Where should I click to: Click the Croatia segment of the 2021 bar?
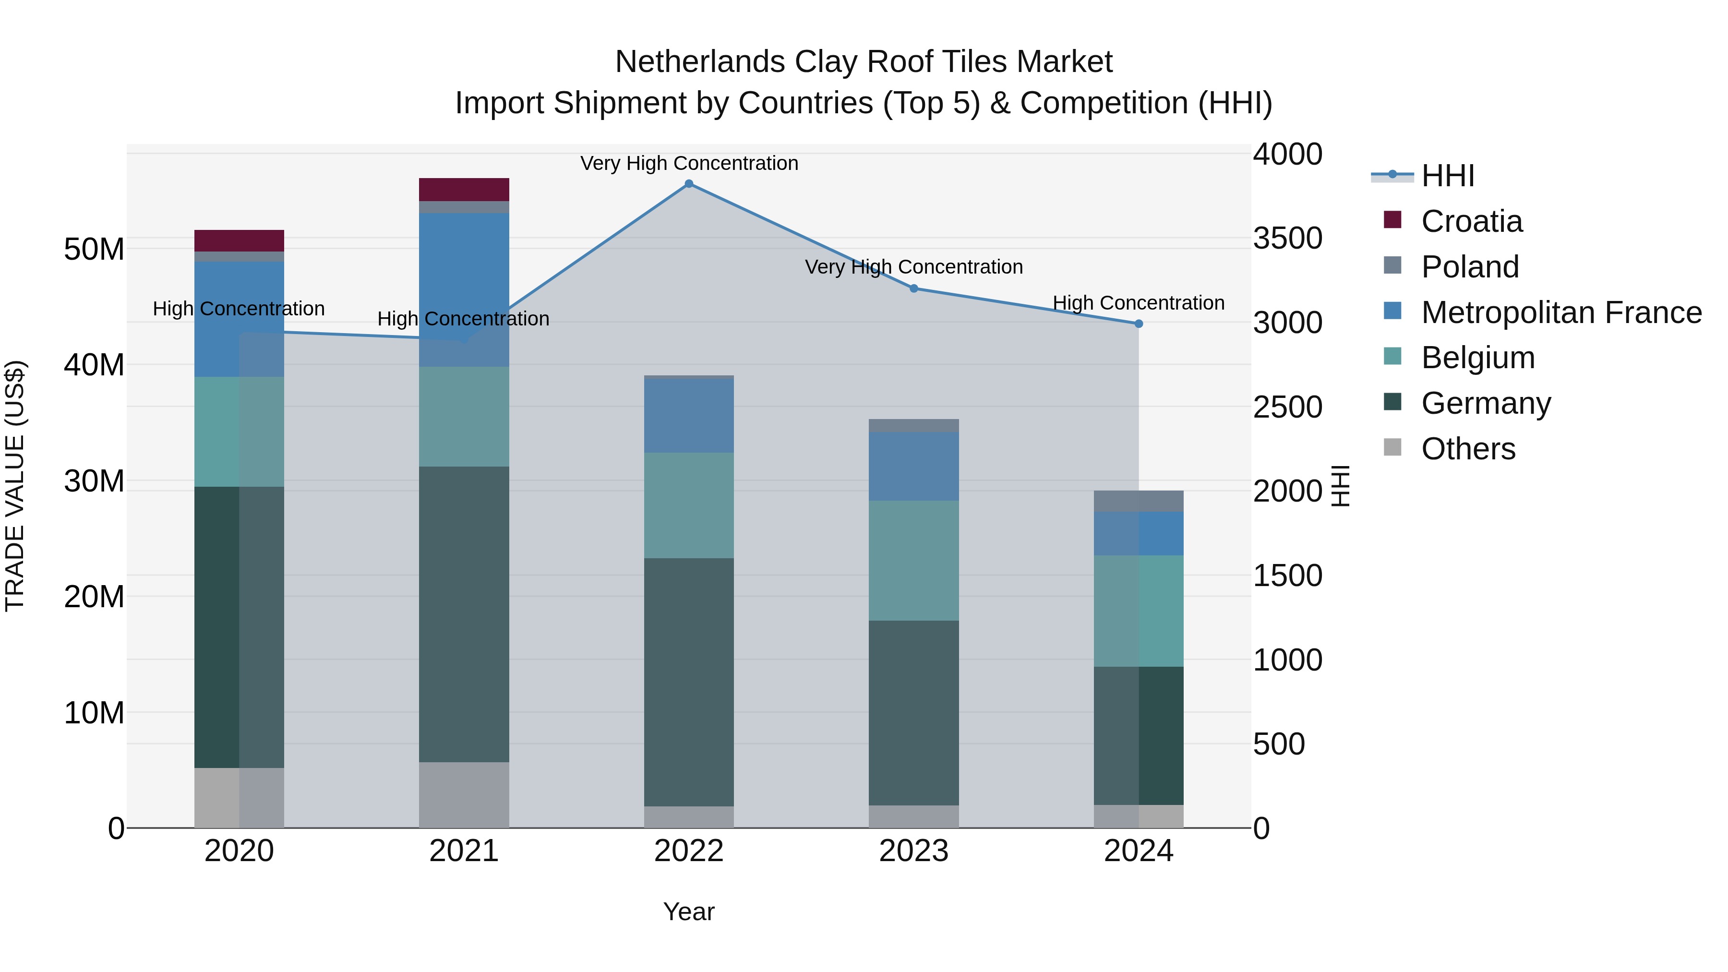point(464,189)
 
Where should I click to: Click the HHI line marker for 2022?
point(688,183)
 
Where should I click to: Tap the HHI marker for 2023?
point(913,288)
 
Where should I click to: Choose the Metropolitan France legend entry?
point(1560,312)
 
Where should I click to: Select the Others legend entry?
point(1468,448)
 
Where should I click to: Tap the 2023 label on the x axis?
point(913,851)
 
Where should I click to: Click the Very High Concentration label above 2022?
point(688,163)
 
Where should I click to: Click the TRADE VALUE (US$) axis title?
point(15,486)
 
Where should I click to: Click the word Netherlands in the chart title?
point(700,62)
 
